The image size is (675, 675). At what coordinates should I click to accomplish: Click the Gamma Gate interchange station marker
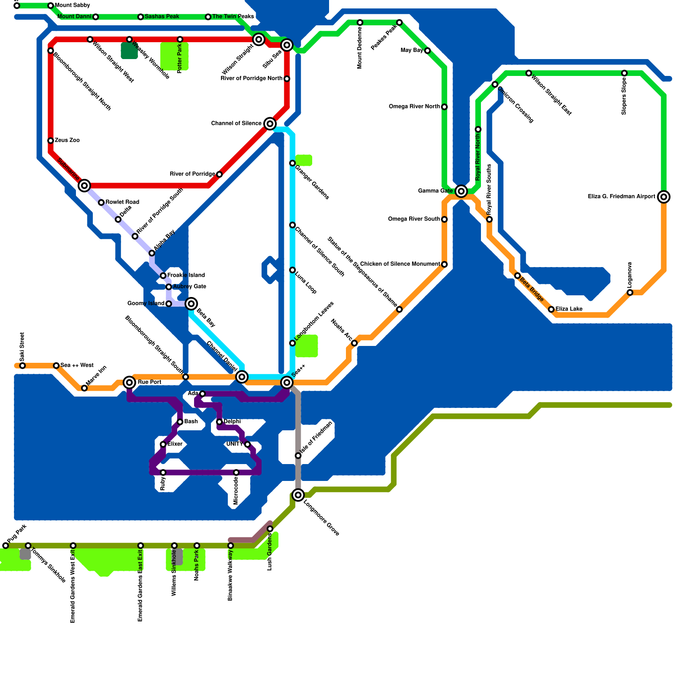point(461,191)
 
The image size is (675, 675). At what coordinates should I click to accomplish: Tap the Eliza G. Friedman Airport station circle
point(664,197)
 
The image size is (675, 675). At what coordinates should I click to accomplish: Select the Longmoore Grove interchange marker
point(298,495)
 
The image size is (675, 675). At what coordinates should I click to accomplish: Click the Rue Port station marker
point(130,382)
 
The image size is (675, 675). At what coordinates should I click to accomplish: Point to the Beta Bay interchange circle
point(191,303)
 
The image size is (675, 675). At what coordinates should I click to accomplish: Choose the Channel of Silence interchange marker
point(270,124)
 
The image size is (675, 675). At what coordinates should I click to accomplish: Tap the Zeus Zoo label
point(67,140)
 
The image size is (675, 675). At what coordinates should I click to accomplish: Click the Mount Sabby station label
point(72,5)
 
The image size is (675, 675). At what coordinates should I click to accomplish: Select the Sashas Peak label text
point(162,16)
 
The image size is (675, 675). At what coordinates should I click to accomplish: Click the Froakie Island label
point(186,275)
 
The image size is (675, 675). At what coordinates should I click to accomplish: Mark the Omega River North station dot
point(444,107)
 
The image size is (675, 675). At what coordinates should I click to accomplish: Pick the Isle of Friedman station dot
point(298,456)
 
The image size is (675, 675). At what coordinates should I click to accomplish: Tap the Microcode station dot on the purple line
point(236,472)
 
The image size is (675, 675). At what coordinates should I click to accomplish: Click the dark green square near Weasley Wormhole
point(129,51)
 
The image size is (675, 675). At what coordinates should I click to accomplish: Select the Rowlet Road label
point(122,202)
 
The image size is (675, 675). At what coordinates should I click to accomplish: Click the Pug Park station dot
point(5,545)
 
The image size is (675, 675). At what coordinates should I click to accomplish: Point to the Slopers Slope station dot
point(624,73)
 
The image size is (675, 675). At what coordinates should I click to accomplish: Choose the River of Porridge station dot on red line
point(219,174)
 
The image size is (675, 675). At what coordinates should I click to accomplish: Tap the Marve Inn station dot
point(84,388)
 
